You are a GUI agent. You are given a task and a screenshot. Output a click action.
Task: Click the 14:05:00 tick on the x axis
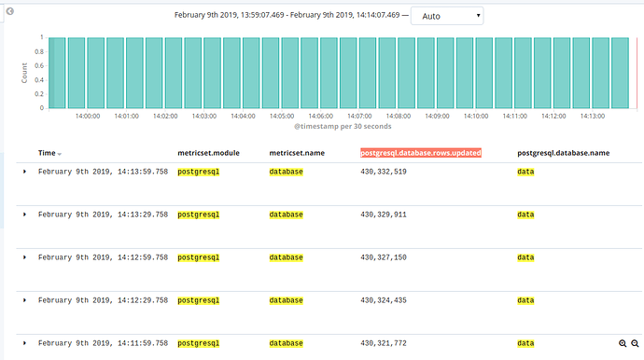[x=281, y=117]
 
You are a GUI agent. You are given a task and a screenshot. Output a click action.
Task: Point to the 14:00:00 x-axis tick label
[x=87, y=117]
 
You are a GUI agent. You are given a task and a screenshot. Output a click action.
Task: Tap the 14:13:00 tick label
[x=592, y=117]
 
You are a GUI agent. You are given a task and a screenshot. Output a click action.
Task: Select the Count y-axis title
[x=24, y=73]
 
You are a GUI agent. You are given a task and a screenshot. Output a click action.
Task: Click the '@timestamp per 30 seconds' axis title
[x=343, y=127]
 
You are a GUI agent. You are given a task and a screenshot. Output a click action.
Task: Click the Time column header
[x=47, y=152]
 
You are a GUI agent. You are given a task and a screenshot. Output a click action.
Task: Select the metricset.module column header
[x=212, y=152]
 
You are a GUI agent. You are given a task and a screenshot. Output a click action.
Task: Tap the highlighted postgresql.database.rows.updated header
[x=421, y=152]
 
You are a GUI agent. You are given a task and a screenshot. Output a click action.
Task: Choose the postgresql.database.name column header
[x=563, y=152]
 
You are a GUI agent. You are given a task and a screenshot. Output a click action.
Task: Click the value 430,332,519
[x=383, y=172]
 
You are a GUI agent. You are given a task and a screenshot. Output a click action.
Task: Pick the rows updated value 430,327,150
[x=383, y=257]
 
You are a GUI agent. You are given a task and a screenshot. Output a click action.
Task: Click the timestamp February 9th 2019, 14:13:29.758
[x=103, y=215]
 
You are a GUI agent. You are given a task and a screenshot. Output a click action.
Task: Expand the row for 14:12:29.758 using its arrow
[x=24, y=300]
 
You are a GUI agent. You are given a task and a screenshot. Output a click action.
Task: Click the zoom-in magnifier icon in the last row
[x=623, y=344]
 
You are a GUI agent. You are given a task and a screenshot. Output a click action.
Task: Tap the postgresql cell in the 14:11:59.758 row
[x=198, y=343]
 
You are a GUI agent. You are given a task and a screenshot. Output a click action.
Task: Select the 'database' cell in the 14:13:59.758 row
[x=286, y=172]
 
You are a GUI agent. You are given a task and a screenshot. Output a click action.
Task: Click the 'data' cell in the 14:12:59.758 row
[x=525, y=257]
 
